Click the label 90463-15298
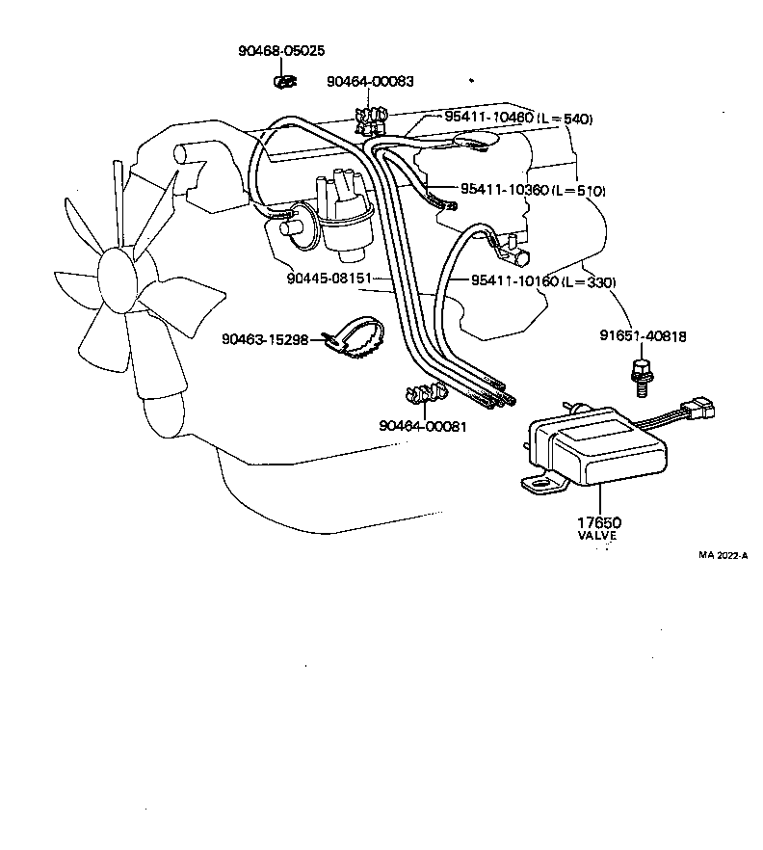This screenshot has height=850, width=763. (265, 338)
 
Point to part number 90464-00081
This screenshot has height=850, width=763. (422, 425)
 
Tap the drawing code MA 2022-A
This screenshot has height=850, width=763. (723, 555)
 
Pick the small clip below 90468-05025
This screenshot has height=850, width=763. (284, 82)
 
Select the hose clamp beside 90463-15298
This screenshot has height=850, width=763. (355, 337)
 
